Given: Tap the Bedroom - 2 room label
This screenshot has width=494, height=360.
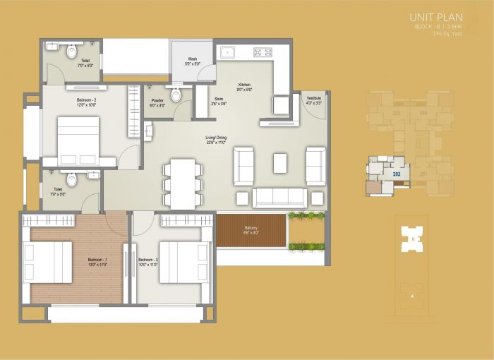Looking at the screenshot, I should click(86, 100).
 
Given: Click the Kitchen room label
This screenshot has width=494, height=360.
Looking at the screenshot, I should click(244, 85).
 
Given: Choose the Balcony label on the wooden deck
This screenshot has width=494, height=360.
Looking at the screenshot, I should click(251, 228).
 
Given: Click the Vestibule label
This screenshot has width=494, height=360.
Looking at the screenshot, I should click(314, 100).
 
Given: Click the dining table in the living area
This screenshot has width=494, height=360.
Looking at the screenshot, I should click(183, 183).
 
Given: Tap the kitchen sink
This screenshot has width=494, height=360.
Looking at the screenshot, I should click(227, 52).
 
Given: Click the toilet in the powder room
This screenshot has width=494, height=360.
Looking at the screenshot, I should click(176, 95).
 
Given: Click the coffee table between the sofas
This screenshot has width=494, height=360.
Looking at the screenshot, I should click(280, 163).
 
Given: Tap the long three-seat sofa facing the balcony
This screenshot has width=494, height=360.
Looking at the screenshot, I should click(279, 197).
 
